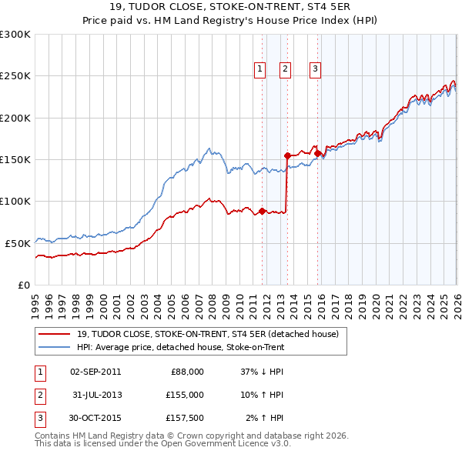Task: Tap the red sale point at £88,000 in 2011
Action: [x=262, y=211]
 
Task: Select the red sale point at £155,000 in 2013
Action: [x=287, y=155]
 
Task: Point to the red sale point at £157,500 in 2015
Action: [x=318, y=153]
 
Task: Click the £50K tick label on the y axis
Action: [x=18, y=243]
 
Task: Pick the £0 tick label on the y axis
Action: [x=24, y=285]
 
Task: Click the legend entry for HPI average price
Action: [x=180, y=347]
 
